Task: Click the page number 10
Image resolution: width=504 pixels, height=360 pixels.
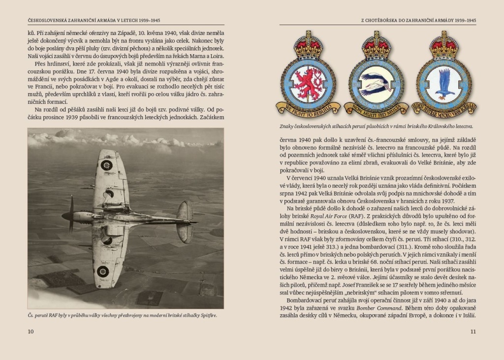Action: click(x=31, y=331)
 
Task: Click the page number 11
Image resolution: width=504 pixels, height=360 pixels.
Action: click(x=473, y=331)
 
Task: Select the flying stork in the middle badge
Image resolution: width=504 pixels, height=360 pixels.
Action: click(x=376, y=84)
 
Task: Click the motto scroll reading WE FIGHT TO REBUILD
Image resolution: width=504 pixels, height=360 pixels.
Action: click(x=308, y=107)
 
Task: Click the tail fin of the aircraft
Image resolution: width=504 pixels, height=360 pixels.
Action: click(x=186, y=223)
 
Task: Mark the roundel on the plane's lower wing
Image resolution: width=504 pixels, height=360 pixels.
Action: click(x=102, y=271)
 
